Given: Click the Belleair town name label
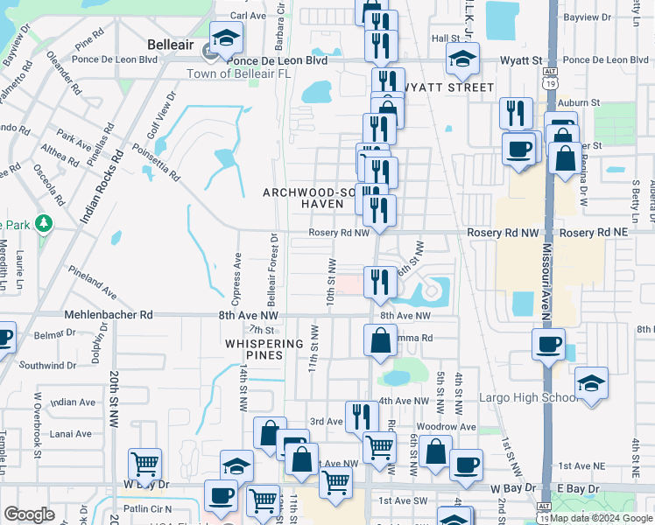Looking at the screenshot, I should pos(159,41).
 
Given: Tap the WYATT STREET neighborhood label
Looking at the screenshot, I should pos(448,87).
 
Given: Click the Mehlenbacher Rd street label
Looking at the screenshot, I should pos(108,314).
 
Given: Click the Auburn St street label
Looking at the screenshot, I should pos(582,102).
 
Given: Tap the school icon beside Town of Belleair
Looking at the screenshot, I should pos(227,38).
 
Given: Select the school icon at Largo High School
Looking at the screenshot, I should pos(591,383).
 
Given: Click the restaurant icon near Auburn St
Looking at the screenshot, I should pos(517,113).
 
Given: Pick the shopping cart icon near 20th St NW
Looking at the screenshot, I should pos(144,464).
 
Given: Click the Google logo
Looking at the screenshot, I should pos(29,514).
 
